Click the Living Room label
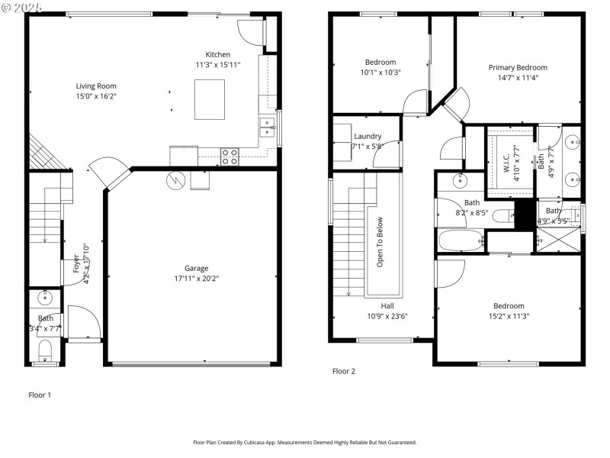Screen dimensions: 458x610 (95, 86)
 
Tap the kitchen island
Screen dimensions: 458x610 (210, 99)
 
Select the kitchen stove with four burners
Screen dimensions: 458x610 (230, 156)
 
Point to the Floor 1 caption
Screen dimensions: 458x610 (40, 395)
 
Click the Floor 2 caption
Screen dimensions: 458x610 (344, 371)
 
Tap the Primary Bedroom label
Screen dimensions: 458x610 (518, 67)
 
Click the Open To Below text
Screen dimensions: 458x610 (379, 243)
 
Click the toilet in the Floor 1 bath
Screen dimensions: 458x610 (44, 351)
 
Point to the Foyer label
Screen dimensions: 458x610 (76, 263)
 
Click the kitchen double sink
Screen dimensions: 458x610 (267, 127)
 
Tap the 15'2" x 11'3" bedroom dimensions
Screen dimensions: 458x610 (509, 316)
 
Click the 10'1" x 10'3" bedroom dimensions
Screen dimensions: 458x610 (380, 73)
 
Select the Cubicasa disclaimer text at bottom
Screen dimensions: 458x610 (305, 442)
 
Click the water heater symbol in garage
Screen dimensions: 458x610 (176, 180)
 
